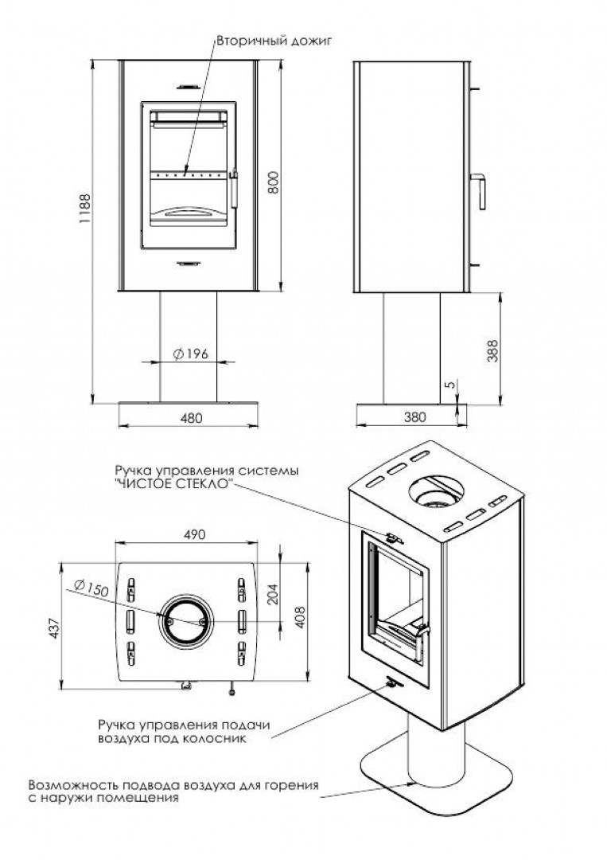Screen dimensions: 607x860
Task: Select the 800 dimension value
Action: [x=273, y=182]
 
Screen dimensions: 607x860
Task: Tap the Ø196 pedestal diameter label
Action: [x=191, y=354]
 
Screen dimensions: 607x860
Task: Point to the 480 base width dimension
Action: [x=191, y=418]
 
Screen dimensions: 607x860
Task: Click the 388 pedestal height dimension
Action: [x=493, y=351]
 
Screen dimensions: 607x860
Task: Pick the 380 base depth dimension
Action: [x=414, y=417]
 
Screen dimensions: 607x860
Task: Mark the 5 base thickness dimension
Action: [x=450, y=385]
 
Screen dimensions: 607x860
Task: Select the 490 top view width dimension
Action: [x=194, y=534]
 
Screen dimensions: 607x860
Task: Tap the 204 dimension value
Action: [x=273, y=594]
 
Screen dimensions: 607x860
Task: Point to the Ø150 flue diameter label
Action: [x=91, y=588]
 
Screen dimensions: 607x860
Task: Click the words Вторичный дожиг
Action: [x=274, y=41]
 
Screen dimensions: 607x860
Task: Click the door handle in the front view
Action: [x=235, y=188]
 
